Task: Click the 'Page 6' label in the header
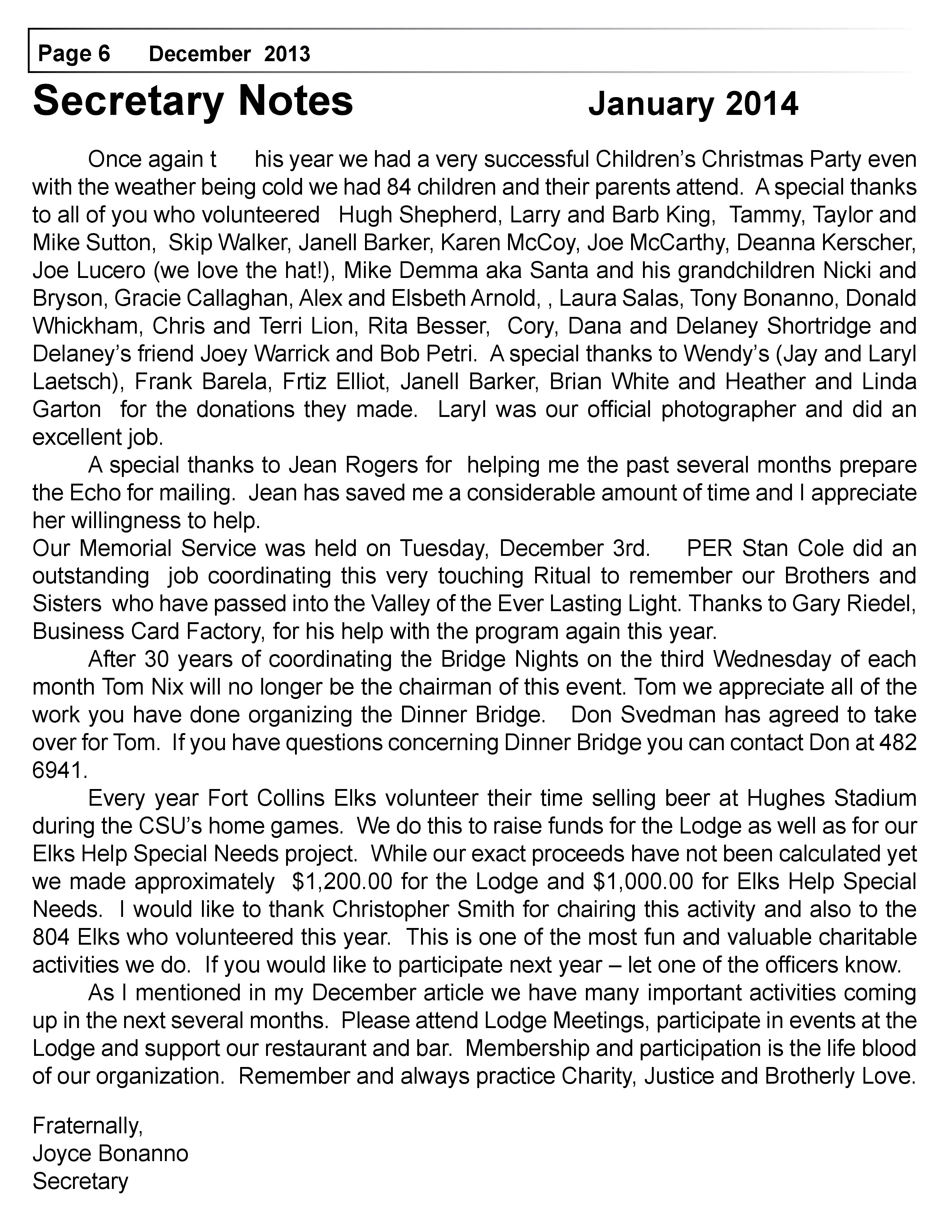[x=74, y=54]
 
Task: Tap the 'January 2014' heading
[x=693, y=104]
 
